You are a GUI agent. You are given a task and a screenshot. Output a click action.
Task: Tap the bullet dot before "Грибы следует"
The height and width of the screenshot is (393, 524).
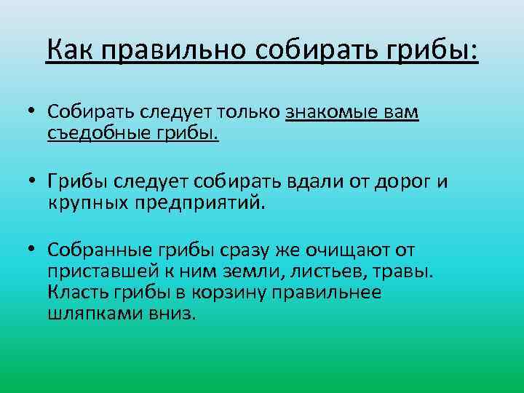(x=33, y=182)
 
